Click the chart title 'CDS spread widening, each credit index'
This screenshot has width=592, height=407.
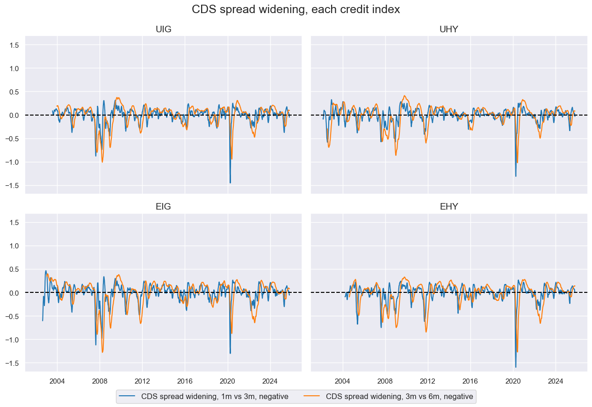coord(296,9)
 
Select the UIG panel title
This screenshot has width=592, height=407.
coord(163,29)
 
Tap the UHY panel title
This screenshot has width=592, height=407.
coord(448,29)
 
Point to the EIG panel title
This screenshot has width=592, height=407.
coord(163,207)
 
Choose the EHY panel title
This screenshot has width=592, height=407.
coord(448,207)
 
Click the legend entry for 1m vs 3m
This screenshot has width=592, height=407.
coord(203,397)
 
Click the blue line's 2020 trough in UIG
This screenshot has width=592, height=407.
coord(230,183)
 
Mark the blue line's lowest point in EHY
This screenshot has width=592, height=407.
coord(516,367)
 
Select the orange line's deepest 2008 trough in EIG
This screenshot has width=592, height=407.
coord(102,352)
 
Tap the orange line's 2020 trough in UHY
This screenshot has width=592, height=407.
coord(517,162)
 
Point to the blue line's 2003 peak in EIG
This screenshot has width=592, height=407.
coord(46,270)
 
